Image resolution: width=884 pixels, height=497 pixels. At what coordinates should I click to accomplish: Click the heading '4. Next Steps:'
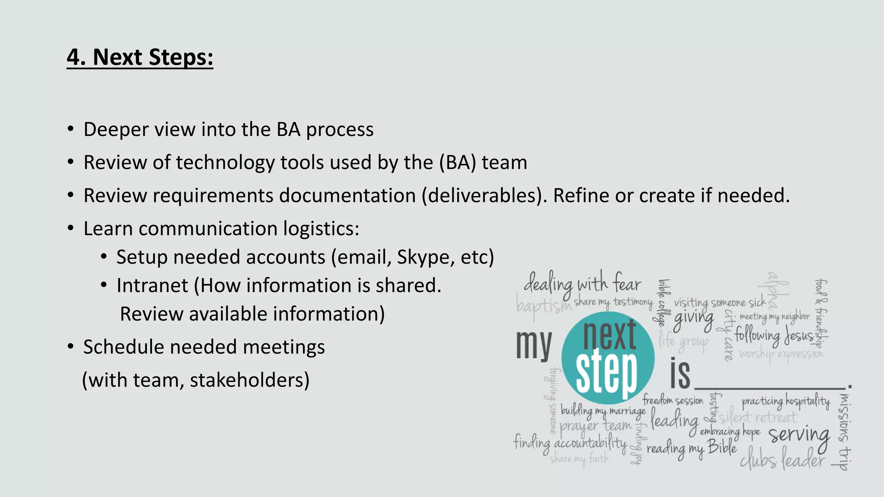point(140,57)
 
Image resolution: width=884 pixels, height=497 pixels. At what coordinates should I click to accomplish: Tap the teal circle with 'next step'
point(608,358)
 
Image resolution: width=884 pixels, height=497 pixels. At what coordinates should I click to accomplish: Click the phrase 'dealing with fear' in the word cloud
point(582,284)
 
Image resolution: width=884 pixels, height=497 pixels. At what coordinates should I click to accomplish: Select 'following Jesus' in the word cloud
point(774,335)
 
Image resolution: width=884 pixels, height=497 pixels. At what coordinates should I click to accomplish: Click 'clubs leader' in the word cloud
point(782,460)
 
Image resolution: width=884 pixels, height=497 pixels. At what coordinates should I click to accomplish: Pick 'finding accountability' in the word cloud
point(570,443)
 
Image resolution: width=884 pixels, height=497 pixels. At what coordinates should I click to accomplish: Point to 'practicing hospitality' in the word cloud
point(786,402)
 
